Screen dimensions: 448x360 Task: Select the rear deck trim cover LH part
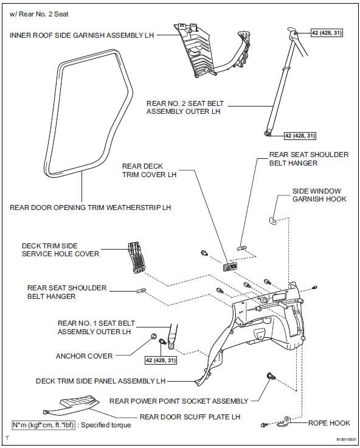coord(230,266)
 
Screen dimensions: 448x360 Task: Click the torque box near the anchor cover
coord(161,360)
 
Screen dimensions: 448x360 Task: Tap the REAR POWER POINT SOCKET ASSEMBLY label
coord(179,401)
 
